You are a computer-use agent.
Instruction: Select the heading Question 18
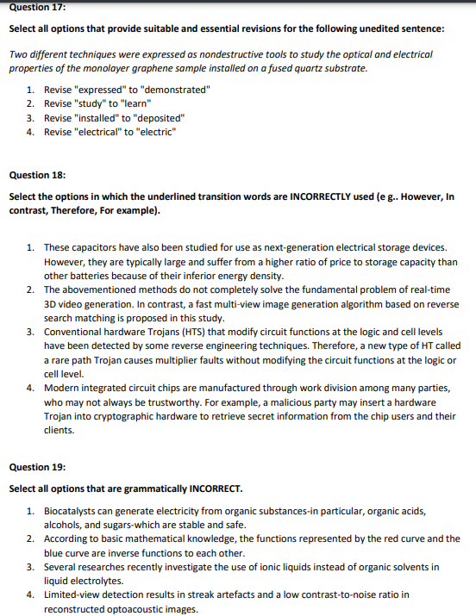pyautogui.click(x=36, y=175)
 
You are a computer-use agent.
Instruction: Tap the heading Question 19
pyautogui.click(x=36, y=467)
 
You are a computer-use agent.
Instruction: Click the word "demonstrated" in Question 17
pyautogui.click(x=177, y=90)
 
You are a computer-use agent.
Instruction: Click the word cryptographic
pyautogui.click(x=128, y=415)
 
